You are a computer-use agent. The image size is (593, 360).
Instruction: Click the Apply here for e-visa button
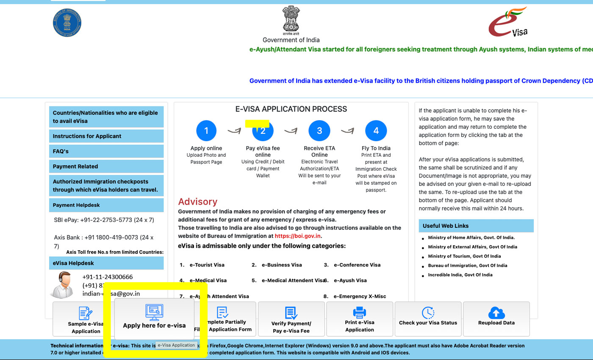click(154, 318)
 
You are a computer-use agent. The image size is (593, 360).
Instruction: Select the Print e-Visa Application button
click(359, 319)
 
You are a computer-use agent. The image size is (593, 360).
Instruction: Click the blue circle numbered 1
click(206, 131)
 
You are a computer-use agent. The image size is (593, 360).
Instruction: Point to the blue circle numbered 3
click(319, 131)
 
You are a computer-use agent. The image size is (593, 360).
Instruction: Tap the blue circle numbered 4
click(376, 131)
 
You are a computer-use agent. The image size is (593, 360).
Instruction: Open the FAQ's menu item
click(106, 151)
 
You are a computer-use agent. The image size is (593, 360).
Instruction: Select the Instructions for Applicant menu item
click(106, 136)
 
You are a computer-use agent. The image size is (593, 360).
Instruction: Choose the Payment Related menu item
click(106, 166)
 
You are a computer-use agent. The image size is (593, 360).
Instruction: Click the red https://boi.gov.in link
click(298, 236)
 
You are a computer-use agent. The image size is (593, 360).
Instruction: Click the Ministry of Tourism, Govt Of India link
click(464, 256)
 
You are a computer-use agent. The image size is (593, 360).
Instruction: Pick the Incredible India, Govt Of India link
click(460, 275)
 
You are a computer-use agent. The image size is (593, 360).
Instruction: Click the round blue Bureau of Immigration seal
click(67, 22)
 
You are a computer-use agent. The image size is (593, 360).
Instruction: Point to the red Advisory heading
click(197, 202)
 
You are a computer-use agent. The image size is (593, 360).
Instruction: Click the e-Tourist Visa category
click(207, 265)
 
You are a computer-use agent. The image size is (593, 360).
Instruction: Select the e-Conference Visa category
click(357, 265)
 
